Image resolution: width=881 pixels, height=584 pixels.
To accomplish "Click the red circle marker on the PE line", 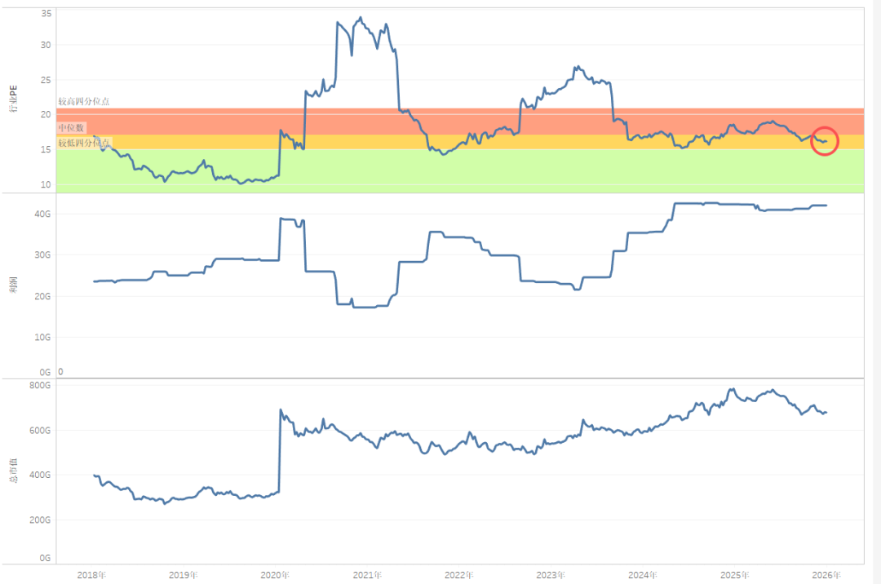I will (x=825, y=141).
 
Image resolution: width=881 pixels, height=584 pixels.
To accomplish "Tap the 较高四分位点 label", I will (x=83, y=102).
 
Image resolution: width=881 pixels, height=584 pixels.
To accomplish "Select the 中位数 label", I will (x=71, y=128).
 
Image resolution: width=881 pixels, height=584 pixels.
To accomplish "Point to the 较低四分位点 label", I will (x=83, y=143).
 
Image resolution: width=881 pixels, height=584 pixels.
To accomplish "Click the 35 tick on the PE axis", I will (x=46, y=14).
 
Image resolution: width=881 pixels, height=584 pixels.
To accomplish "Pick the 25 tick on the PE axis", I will (x=46, y=80).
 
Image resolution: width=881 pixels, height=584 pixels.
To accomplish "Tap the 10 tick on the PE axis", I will (x=46, y=185).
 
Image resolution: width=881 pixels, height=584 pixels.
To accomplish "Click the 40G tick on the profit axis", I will (x=44, y=214).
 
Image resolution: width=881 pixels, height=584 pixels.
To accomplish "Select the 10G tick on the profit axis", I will (x=44, y=337).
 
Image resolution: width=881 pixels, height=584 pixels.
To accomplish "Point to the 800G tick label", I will (x=42, y=386).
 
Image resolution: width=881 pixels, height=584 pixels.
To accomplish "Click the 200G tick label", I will (x=42, y=520).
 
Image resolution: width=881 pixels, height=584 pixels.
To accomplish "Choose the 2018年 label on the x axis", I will (x=91, y=575).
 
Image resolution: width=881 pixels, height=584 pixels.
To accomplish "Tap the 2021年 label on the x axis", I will (x=367, y=575).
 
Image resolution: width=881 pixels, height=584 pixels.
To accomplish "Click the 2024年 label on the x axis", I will (x=643, y=575).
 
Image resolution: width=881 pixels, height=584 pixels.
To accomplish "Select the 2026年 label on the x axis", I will (x=826, y=575).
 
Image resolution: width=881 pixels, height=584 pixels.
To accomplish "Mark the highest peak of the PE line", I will (x=361, y=17).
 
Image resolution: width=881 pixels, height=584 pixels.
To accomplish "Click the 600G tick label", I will (x=42, y=431).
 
